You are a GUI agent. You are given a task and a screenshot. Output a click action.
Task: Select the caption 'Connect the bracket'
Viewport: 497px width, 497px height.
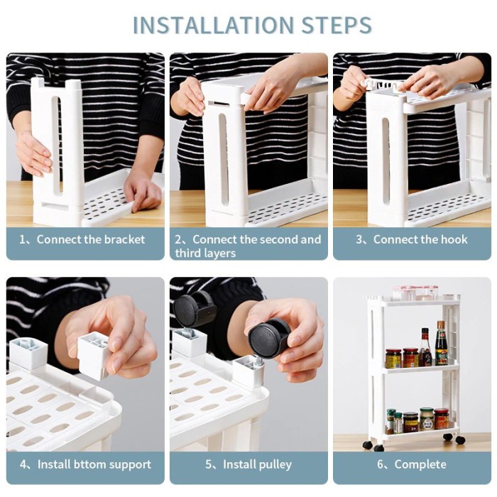(x=91, y=239)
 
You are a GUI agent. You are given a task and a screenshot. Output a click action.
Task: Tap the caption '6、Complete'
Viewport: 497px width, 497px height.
(x=411, y=464)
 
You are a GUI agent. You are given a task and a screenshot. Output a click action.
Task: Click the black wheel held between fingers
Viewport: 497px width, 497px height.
(x=269, y=338)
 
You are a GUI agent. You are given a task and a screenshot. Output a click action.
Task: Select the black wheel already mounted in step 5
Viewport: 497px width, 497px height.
(x=195, y=311)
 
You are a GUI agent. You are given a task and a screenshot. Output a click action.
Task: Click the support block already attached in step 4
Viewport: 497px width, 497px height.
(x=28, y=354)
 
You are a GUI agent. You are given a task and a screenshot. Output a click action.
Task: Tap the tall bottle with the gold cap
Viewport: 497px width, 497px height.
(x=441, y=344)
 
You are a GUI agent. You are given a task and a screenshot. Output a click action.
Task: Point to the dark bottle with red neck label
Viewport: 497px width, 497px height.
(x=425, y=347)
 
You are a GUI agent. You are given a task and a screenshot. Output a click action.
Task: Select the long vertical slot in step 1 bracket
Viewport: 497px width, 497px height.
(x=56, y=146)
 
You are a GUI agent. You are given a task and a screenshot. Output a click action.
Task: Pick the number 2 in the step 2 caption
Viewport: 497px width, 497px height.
(x=178, y=239)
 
